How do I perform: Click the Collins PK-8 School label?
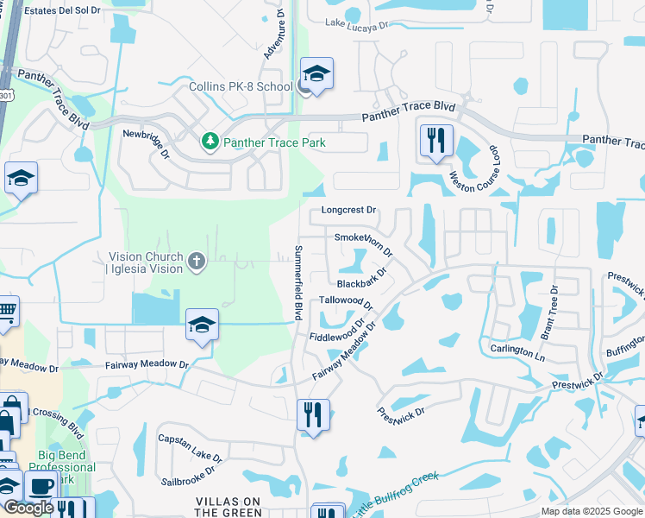point(241,87)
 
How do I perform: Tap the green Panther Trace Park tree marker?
point(209,141)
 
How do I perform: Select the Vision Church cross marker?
point(197,261)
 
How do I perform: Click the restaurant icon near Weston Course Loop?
point(436,141)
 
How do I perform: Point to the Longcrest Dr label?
point(349,210)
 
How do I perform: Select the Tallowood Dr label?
point(345,301)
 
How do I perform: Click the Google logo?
point(28,508)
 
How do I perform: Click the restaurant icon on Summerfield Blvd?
point(312,415)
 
